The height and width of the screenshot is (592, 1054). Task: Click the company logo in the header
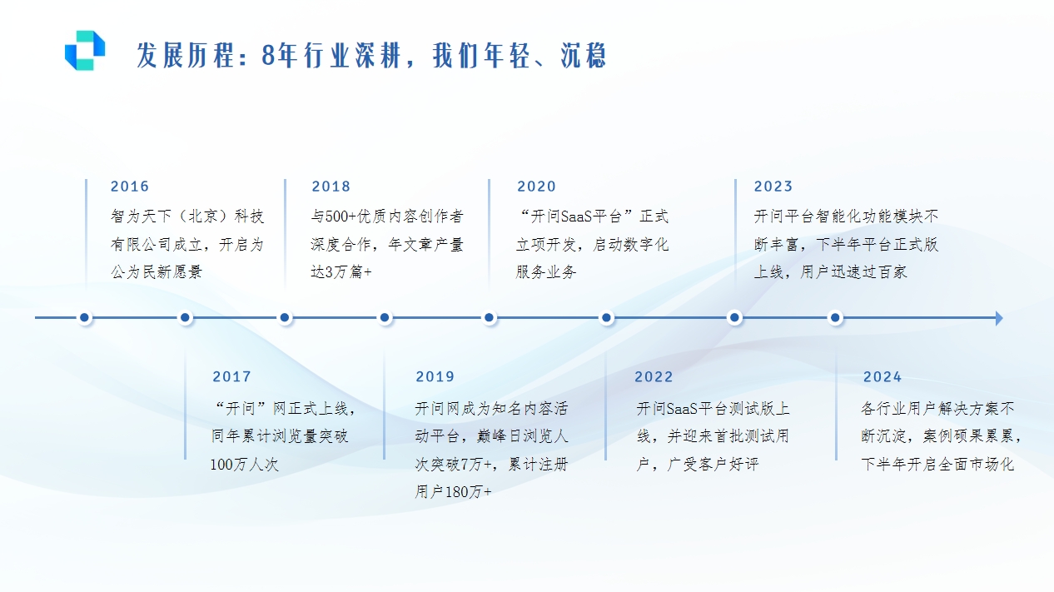click(x=85, y=51)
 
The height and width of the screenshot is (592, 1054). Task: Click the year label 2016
click(x=130, y=187)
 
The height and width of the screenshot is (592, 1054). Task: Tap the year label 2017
click(x=231, y=377)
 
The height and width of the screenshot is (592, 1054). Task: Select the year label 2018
click(x=331, y=187)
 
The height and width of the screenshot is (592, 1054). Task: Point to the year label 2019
click(x=435, y=377)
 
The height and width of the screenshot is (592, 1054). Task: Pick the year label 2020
click(x=536, y=187)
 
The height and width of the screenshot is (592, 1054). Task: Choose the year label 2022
click(x=654, y=377)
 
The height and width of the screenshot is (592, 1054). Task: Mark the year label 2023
click(x=773, y=187)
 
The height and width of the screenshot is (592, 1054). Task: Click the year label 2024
click(x=882, y=377)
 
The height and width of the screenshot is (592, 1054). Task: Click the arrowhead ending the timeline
click(x=999, y=318)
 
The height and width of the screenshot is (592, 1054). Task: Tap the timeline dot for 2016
click(x=85, y=317)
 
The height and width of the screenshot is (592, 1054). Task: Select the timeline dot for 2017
click(x=186, y=317)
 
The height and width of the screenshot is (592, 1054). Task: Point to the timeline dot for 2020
click(x=490, y=317)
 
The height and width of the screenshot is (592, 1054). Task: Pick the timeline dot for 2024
click(x=836, y=317)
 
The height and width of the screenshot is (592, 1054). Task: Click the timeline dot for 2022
click(x=607, y=317)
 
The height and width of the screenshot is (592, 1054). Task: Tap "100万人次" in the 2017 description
click(x=245, y=465)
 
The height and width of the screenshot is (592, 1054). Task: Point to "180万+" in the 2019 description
click(x=469, y=491)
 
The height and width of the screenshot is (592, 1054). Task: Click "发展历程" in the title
click(x=186, y=55)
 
